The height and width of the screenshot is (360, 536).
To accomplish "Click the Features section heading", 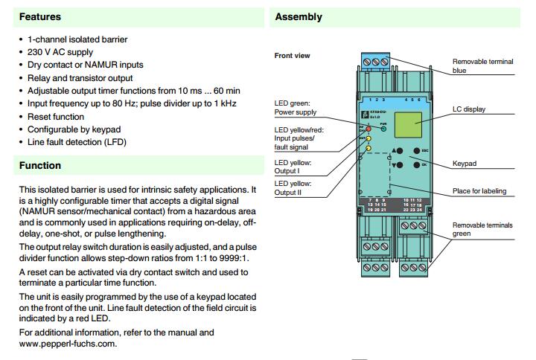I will [x=40, y=16].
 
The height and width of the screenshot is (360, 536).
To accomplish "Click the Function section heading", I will [x=40, y=165].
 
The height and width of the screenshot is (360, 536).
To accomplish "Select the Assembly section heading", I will [x=299, y=16].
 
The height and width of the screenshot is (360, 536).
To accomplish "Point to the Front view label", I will [x=293, y=56].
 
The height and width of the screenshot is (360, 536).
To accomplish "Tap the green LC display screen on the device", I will [x=413, y=124].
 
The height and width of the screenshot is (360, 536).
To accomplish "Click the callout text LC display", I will [x=469, y=109].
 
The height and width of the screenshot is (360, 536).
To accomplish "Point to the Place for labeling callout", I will [x=479, y=191].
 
